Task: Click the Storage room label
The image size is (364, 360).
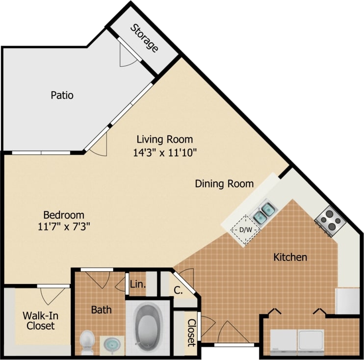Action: pyautogui.click(x=145, y=38)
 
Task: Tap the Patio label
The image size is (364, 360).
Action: pyautogui.click(x=62, y=95)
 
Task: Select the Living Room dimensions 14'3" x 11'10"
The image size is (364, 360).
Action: pyautogui.click(x=165, y=152)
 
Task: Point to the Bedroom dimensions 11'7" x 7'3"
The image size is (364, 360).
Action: pyautogui.click(x=64, y=227)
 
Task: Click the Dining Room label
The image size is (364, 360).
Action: pyautogui.click(x=224, y=184)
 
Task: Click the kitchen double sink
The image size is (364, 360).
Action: pyautogui.click(x=263, y=212)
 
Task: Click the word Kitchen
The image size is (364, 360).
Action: pyautogui.click(x=290, y=257)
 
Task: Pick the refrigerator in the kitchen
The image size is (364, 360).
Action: pyautogui.click(x=348, y=301)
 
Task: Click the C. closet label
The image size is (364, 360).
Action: pyautogui.click(x=178, y=290)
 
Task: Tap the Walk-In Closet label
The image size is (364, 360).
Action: pyautogui.click(x=38, y=320)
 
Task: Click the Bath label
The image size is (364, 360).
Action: pyautogui.click(x=101, y=309)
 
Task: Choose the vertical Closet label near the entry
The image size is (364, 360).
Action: pyautogui.click(x=191, y=333)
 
